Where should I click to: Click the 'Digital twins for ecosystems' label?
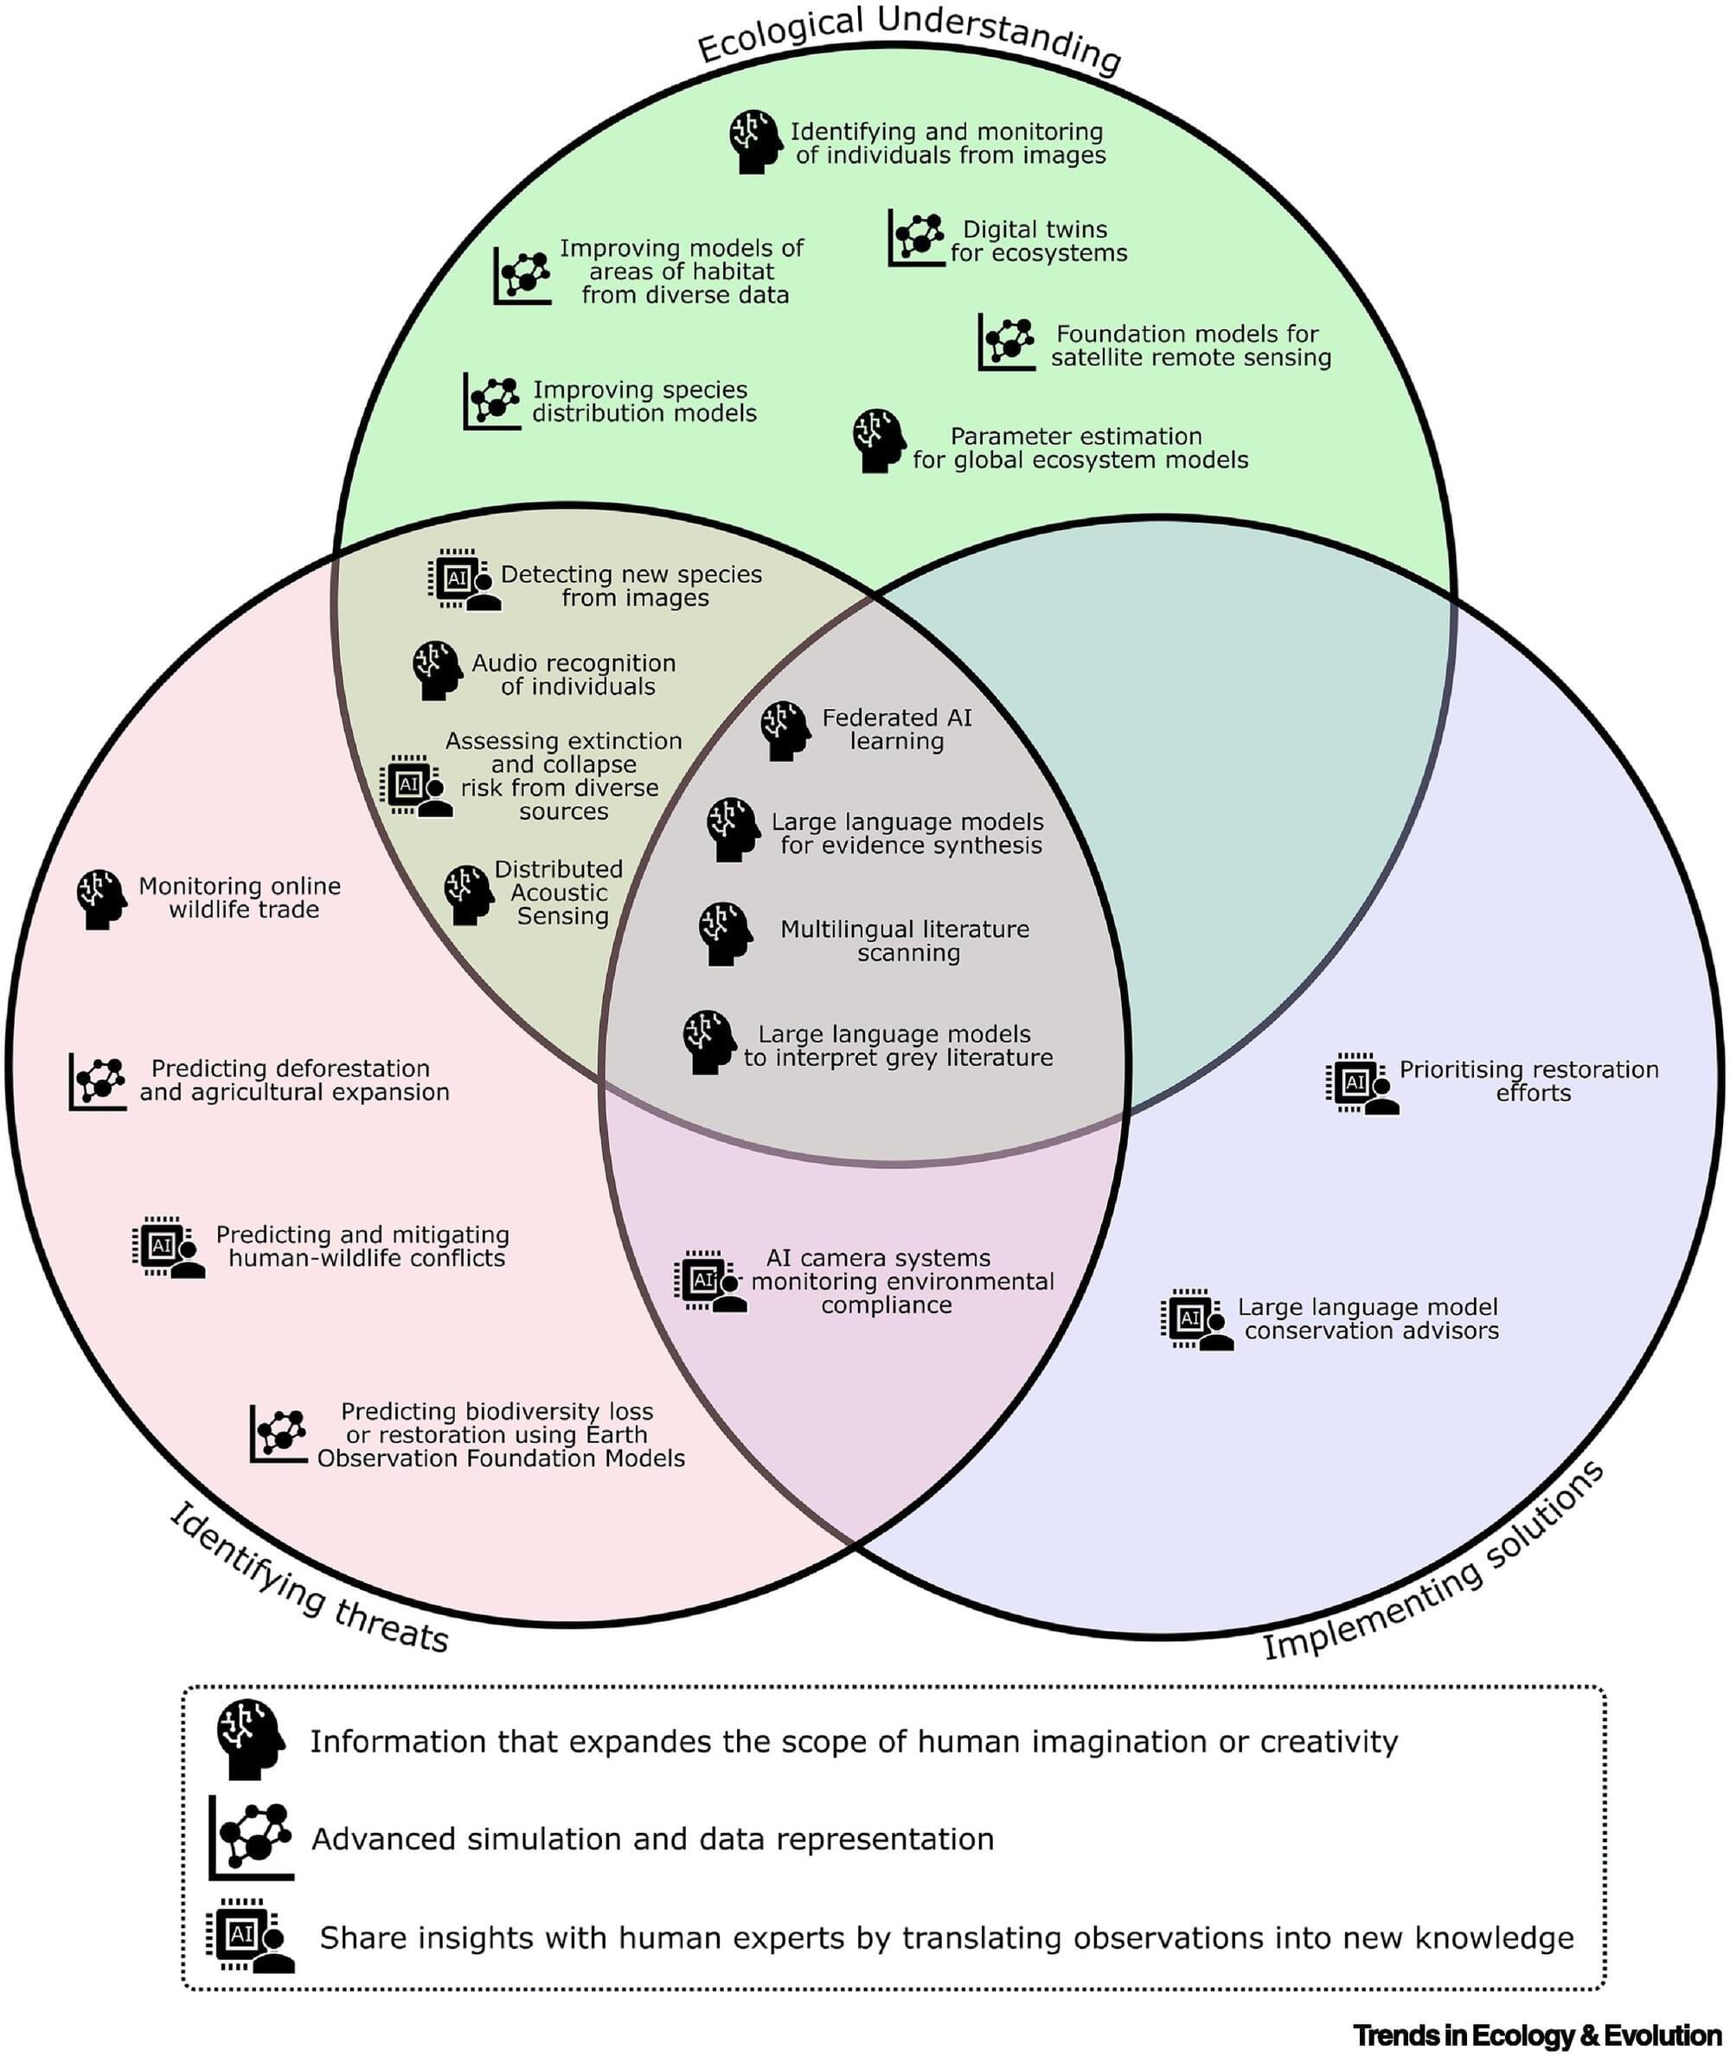click(1039, 241)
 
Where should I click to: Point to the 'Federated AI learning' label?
click(896, 730)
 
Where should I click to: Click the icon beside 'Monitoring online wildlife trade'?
click(100, 898)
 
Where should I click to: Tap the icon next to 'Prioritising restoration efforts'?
click(1362, 1082)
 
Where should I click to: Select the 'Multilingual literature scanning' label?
click(904, 942)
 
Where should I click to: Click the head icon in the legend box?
click(249, 1740)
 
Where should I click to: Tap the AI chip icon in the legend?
click(249, 1937)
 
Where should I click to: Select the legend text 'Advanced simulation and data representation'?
click(652, 1838)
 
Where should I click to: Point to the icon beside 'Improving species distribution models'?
click(491, 400)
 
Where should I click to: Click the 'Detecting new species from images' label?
click(631, 586)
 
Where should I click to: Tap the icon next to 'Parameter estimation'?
click(878, 441)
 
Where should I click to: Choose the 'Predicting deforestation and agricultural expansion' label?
click(293, 1081)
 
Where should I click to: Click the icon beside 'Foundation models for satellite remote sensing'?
click(1006, 342)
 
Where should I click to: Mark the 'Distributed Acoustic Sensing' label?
click(559, 892)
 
